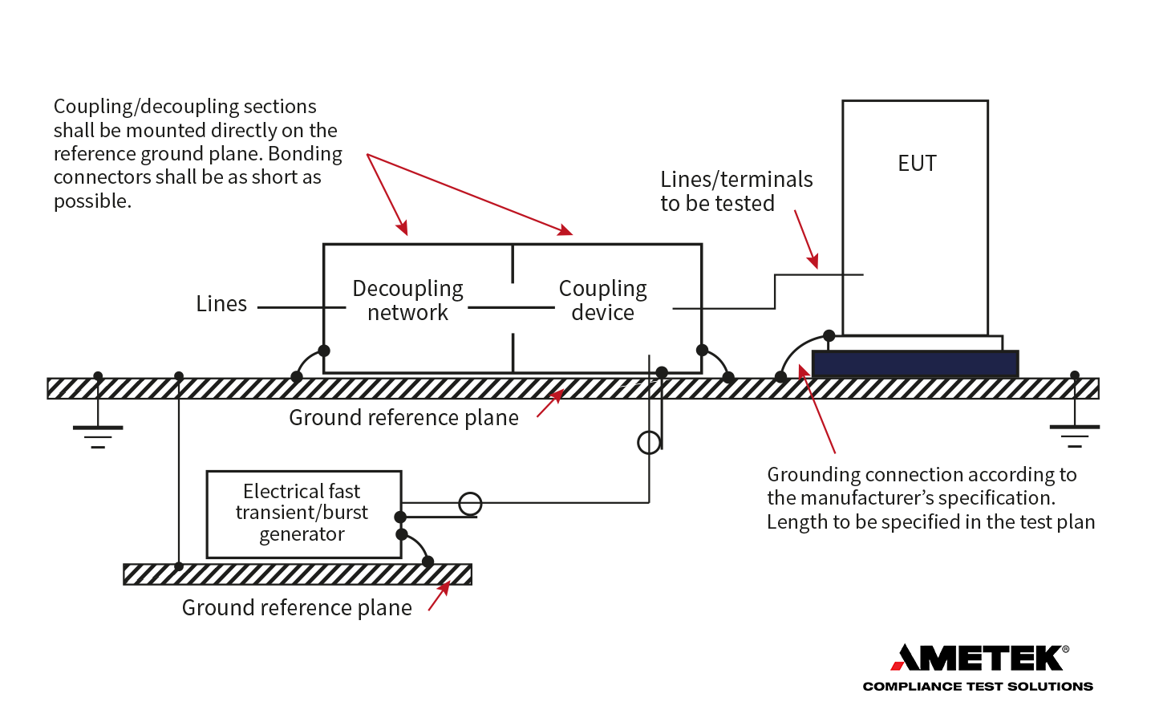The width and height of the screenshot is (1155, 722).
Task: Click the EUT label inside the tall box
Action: coord(917,164)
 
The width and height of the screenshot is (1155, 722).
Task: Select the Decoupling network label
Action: coord(407,300)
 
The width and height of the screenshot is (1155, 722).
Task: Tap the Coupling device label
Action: coord(602,300)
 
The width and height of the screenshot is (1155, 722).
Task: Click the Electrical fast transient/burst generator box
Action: coord(303,513)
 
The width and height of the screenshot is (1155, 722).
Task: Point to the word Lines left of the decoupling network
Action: coord(221,304)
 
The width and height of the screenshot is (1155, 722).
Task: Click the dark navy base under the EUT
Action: coord(914,364)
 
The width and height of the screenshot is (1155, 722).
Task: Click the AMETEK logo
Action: coord(979,658)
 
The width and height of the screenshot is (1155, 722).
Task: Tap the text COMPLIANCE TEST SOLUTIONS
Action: coord(978,687)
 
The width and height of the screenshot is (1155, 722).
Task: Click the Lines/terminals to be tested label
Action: coord(736,191)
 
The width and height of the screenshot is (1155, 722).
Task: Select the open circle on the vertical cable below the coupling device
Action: coord(649,442)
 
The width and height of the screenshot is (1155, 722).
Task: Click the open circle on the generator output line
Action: coord(470,504)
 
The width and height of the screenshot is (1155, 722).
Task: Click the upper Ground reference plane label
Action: coord(403,418)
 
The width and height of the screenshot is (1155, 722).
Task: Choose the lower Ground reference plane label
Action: coord(297,608)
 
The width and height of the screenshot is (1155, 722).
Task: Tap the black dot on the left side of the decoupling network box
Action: coord(324,351)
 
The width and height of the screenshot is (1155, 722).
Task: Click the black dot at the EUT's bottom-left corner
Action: coord(829,335)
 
